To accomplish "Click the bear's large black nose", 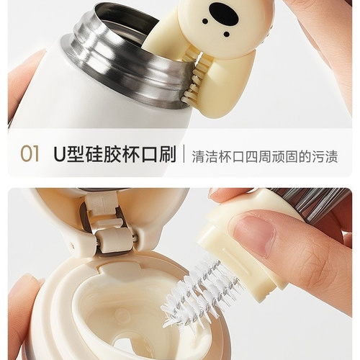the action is [225, 13].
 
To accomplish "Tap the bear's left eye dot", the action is [206, 22].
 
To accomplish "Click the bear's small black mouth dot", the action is [227, 35].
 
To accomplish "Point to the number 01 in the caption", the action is [30, 154].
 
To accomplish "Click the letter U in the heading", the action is [60, 153].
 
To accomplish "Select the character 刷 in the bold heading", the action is [167, 153].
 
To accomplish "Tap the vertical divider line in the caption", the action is [184, 153].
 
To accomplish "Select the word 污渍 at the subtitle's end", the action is [325, 157].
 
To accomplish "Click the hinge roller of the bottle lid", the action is [117, 239].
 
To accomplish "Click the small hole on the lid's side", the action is [72, 245].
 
